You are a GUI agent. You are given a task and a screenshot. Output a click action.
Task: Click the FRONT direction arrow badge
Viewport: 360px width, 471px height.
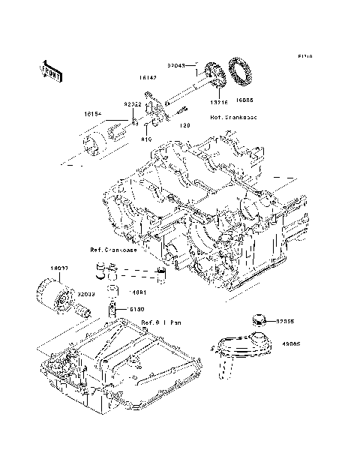(51, 69)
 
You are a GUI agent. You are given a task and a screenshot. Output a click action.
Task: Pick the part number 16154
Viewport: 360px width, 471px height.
(93, 115)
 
